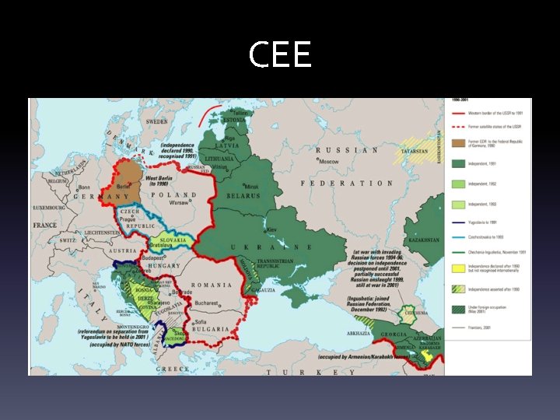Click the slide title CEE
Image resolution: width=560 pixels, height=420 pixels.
pyautogui.click(x=280, y=55)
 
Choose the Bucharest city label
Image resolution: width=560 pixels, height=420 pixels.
pyautogui.click(x=206, y=303)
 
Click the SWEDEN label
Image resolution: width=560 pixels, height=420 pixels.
pyautogui.click(x=157, y=122)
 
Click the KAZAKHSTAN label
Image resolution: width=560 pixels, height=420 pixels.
pyautogui.click(x=425, y=242)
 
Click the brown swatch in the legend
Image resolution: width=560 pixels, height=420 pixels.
pyautogui.click(x=458, y=144)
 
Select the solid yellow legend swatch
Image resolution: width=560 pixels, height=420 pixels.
pyautogui.click(x=458, y=289)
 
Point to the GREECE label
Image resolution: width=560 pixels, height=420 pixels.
pyautogui.click(x=172, y=369)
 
